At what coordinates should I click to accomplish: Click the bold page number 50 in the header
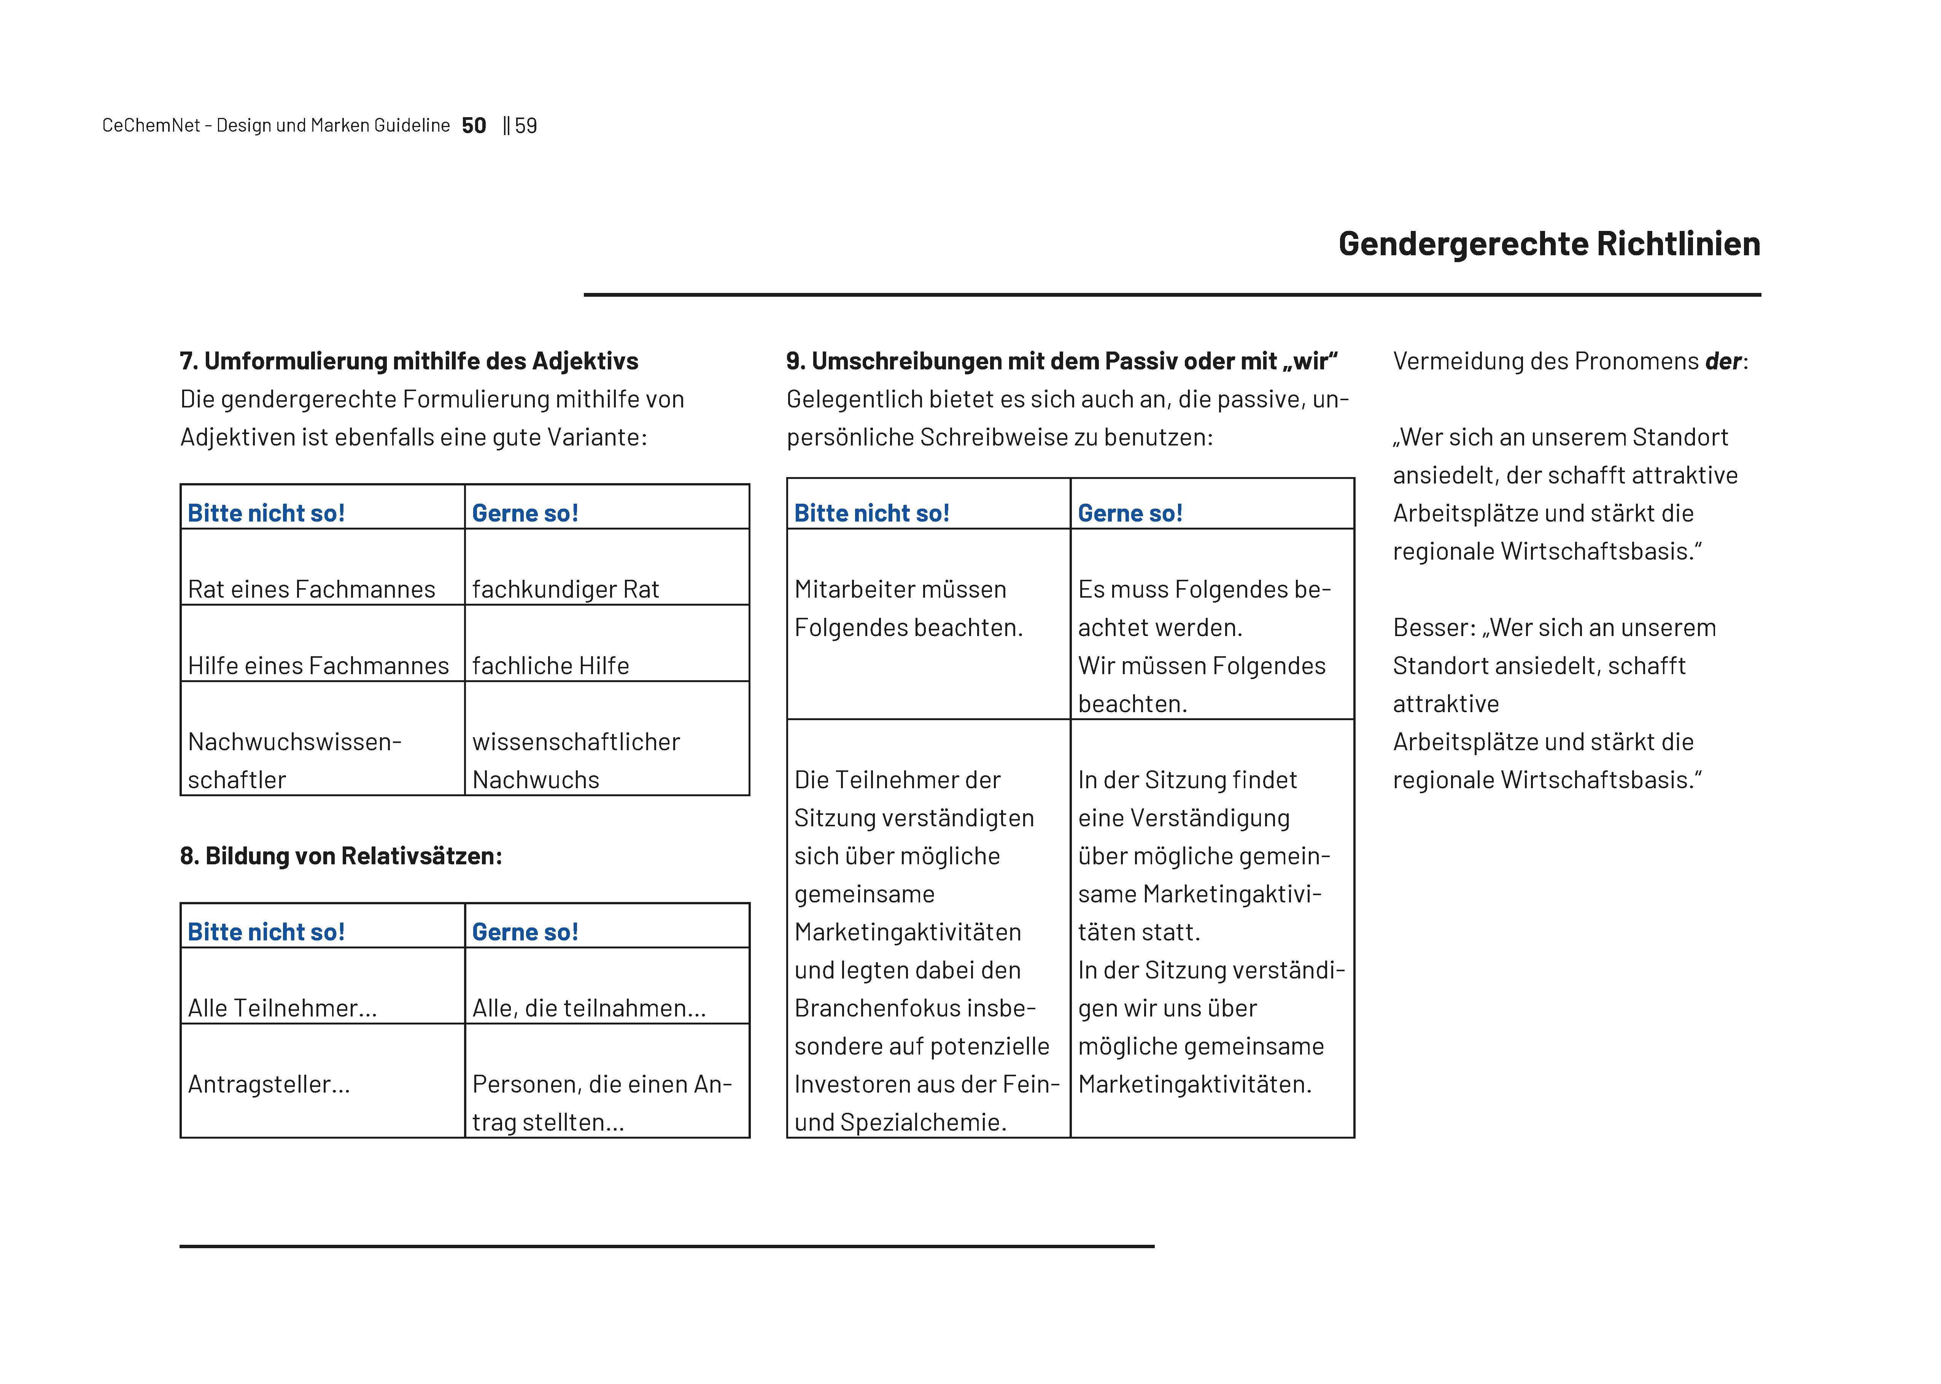coord(474,126)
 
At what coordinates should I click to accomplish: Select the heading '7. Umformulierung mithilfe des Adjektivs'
coord(409,361)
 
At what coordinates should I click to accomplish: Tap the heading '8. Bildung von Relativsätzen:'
coord(341,856)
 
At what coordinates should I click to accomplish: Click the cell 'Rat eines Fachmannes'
coord(312,589)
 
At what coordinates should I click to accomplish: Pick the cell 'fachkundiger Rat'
coord(566,589)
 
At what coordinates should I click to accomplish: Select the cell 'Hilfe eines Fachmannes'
coord(318,666)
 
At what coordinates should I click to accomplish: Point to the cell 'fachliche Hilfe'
coord(550,666)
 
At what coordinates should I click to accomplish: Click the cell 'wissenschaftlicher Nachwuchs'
coord(576,760)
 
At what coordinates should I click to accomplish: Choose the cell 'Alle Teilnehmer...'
coord(282,1008)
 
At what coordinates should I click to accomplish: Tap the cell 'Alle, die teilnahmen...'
coord(589,1008)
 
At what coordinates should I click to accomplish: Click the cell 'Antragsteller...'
coord(269,1084)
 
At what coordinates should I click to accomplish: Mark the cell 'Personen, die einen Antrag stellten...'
coord(602,1103)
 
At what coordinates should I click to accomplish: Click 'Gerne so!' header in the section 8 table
coord(525,931)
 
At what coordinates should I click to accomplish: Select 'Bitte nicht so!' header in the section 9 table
coord(872,513)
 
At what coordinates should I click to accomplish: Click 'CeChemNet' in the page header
coord(151,126)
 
